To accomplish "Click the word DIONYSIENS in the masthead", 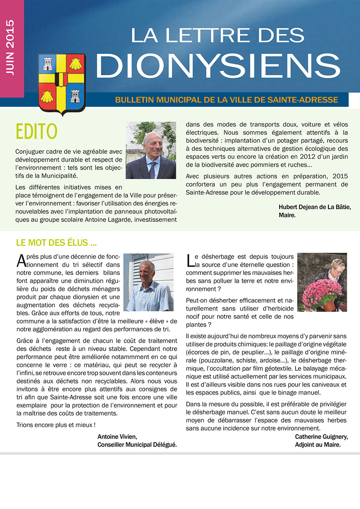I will pyautogui.click(x=218, y=65).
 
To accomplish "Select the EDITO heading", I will pyautogui.click(x=36, y=132).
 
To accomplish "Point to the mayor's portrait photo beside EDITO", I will pyautogui.click(x=151, y=150).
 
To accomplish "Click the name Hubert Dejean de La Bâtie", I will pyautogui.click(x=315, y=207).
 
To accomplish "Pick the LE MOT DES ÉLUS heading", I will pyautogui.click(x=56, y=243).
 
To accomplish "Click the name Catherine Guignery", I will pyautogui.click(x=322, y=436).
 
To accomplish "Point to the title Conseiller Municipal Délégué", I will pyautogui.click(x=137, y=444).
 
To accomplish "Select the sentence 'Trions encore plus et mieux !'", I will pyautogui.click(x=56, y=424).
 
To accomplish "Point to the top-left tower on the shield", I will pyautogui.click(x=48, y=63).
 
